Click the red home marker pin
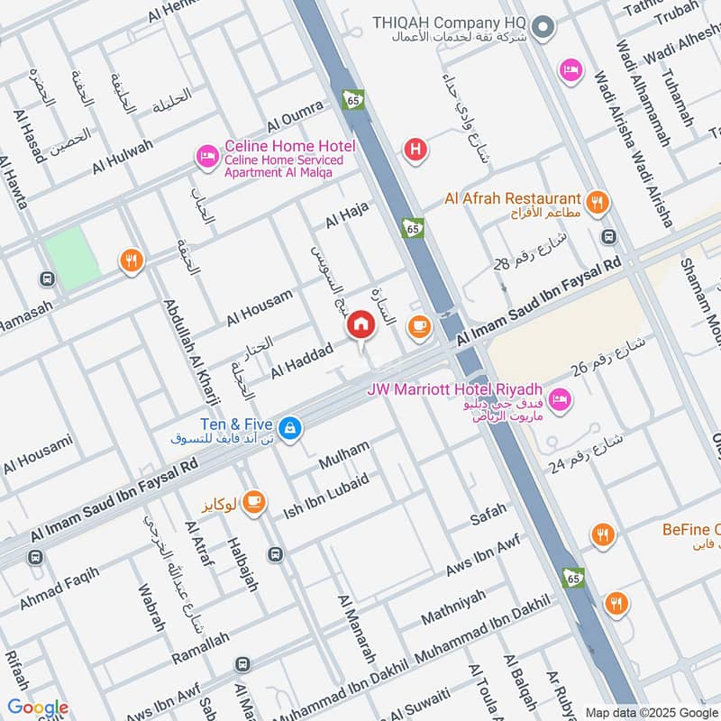click(x=361, y=324)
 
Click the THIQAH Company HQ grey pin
click(x=543, y=30)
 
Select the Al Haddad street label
click(x=302, y=358)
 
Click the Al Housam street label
click(x=260, y=307)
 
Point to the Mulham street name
click(x=344, y=455)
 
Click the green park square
click(x=72, y=258)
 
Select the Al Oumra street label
click(x=295, y=117)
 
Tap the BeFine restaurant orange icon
click(x=603, y=536)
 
